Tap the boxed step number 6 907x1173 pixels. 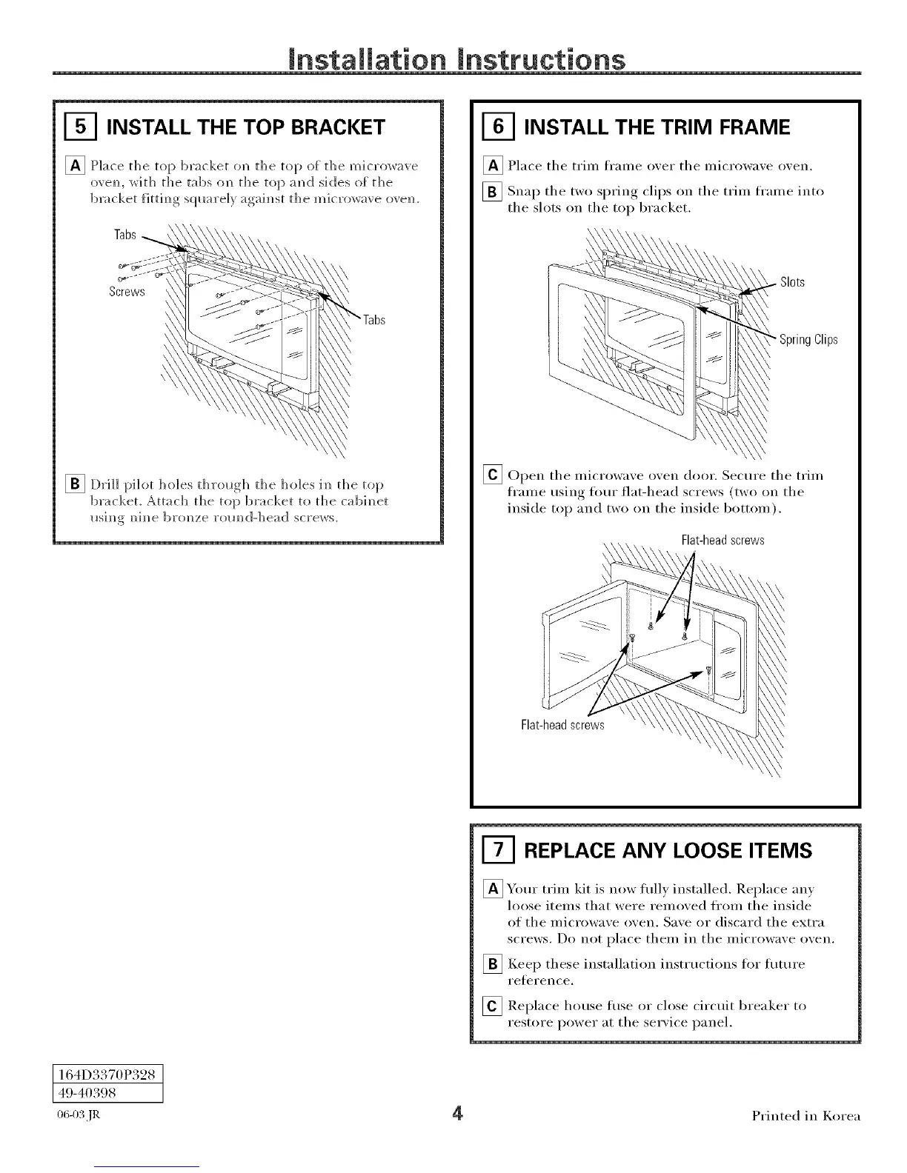tap(497, 127)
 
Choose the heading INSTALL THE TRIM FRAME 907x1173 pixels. tap(657, 127)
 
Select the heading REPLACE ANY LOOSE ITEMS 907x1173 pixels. tap(668, 850)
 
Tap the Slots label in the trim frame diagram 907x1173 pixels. tap(792, 283)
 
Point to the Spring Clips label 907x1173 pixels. tap(808, 340)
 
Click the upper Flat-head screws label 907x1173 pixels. tap(722, 541)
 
